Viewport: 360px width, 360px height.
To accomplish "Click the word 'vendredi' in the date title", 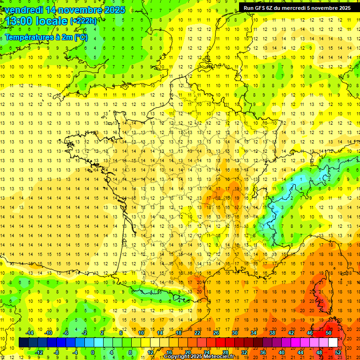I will (x=22, y=10).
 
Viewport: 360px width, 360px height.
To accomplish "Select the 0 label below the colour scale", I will (x=93, y=352).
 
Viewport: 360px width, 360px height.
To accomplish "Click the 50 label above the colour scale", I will (x=328, y=332).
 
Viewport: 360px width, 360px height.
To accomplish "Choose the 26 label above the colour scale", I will (x=216, y=332).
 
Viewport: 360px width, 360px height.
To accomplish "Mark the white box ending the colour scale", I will (x=333, y=343).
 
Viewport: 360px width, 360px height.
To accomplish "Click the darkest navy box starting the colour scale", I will (x=23, y=343).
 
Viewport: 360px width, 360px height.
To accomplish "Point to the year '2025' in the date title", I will (x=115, y=10).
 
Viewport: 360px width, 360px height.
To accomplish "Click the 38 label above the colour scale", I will (x=272, y=332).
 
